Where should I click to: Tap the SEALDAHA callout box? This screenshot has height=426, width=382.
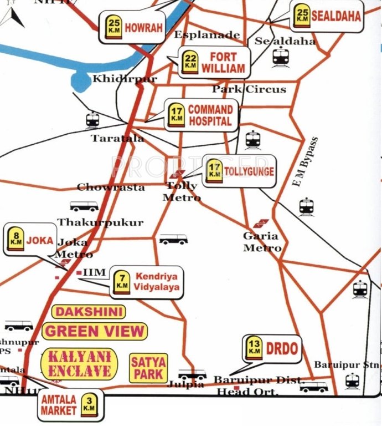[327, 16]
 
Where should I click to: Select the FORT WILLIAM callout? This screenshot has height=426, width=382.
[214, 63]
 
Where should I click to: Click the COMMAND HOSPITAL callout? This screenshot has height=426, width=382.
[201, 115]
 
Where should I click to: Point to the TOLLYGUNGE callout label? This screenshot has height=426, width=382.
[239, 171]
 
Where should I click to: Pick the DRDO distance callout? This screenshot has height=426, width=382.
[272, 348]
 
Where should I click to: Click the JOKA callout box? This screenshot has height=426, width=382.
[30, 240]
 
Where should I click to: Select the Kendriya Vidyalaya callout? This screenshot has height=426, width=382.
[146, 282]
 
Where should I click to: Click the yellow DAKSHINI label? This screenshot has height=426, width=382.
[89, 312]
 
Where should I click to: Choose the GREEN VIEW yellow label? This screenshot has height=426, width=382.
[95, 332]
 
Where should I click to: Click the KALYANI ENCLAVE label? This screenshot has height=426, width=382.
[80, 364]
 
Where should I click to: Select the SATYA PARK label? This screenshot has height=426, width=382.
[148, 368]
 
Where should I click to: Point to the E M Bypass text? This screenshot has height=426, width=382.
[306, 162]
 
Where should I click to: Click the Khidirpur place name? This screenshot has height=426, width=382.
[125, 79]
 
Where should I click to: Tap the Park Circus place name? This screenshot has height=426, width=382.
[249, 89]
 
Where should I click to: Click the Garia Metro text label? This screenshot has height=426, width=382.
[262, 242]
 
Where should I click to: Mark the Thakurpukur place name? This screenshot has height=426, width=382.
[100, 222]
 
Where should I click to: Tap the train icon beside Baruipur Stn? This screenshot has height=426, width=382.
[352, 381]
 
